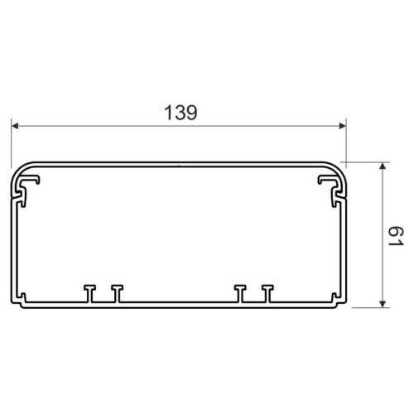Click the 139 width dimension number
coord(181,113)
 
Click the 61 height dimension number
coord(396,236)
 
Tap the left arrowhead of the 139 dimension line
coord(15,126)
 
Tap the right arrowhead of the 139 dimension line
coord(342,126)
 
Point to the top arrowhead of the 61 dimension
coord(383,166)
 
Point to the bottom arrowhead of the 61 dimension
coord(383,304)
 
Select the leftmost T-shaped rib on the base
coord(89,293)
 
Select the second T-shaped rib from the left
coord(118,293)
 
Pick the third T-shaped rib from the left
coord(240,293)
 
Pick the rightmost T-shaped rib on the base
coord(267,293)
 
